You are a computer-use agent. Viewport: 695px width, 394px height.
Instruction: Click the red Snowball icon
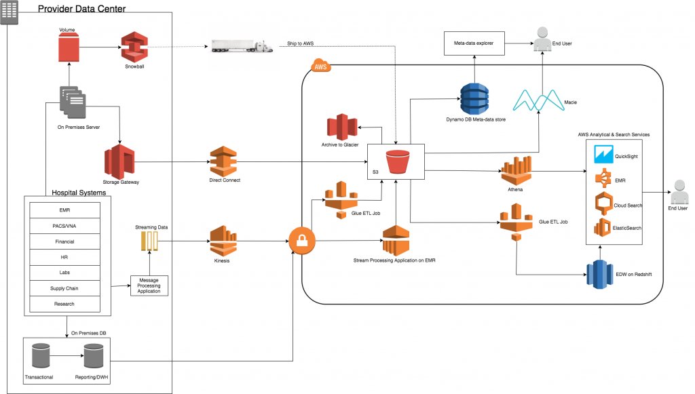(x=134, y=47)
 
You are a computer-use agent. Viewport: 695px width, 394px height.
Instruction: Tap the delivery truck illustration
(x=243, y=45)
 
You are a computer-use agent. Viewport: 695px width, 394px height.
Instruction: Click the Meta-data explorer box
(x=474, y=43)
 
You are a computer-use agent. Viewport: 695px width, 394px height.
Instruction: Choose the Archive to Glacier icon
(x=342, y=127)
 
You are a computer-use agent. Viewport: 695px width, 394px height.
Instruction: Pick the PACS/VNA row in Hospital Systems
(x=66, y=226)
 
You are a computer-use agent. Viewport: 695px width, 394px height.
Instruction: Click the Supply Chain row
(x=66, y=288)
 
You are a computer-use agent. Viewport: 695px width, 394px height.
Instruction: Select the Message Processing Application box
(x=149, y=285)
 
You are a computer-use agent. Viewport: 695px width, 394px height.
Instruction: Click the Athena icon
(x=514, y=172)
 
